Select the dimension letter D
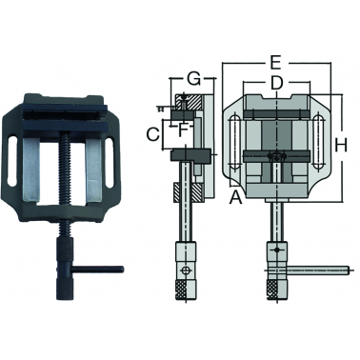click(276, 82)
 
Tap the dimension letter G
click(193, 79)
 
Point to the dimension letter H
click(341, 146)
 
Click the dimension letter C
click(152, 134)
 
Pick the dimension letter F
click(181, 130)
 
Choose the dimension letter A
click(235, 197)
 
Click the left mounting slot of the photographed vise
click(12, 162)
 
